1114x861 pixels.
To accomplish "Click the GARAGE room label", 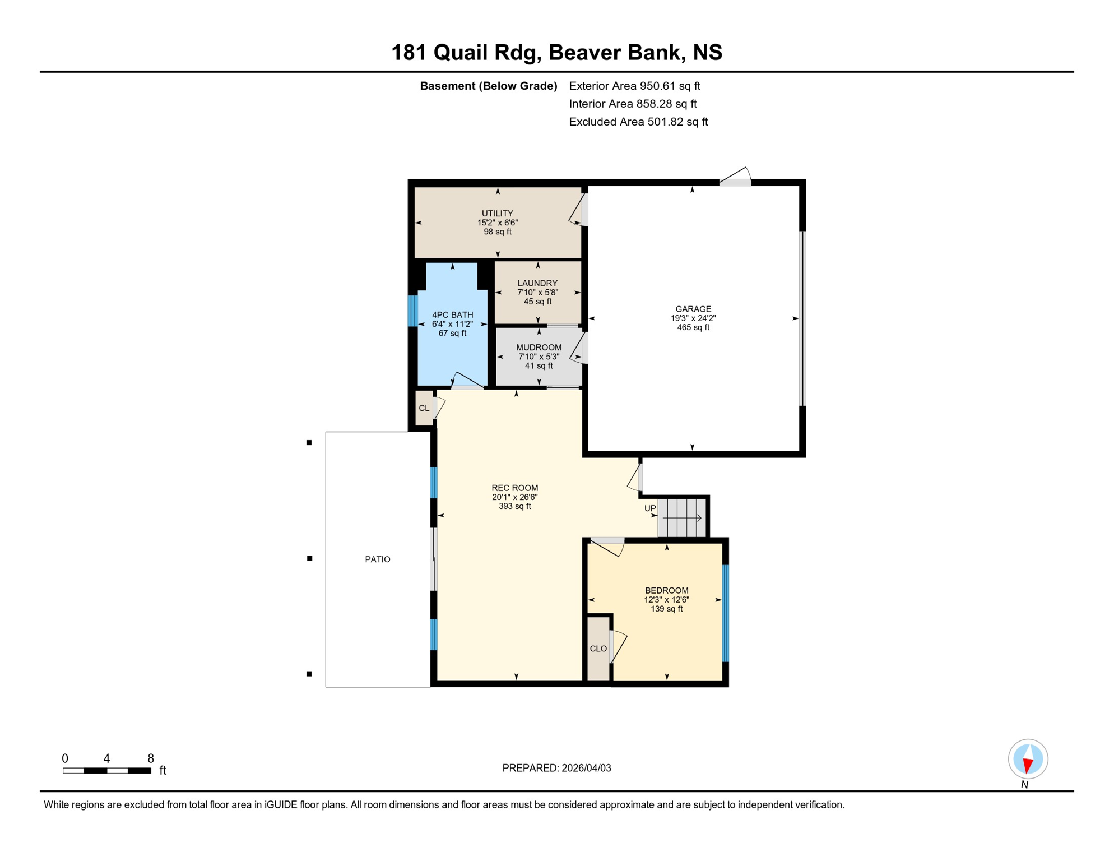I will (693, 309).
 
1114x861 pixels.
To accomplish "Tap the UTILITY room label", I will (498, 214).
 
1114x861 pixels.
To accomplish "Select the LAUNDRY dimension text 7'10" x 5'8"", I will (537, 293).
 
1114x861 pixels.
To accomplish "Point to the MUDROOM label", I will (539, 348).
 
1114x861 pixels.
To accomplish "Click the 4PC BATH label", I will (452, 315).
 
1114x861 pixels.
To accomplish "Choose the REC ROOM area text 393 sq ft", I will (514, 506).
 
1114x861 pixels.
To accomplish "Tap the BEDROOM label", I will (666, 590).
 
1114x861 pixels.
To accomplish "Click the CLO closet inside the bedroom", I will (598, 649).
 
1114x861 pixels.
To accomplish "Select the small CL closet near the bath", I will (424, 408).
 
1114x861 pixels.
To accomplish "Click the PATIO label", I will (378, 559).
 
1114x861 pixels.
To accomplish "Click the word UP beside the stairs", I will (650, 508).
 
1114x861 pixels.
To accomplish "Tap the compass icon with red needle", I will (1028, 760).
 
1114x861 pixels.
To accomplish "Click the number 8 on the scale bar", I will (151, 758).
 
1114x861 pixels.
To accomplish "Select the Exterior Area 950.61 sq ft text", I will (634, 86).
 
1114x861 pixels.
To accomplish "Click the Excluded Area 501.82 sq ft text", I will (638, 122).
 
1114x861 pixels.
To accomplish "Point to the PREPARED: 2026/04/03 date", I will (556, 768).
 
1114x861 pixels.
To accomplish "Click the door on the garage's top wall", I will (735, 178).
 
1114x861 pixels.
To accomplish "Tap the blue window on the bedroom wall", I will (726, 613).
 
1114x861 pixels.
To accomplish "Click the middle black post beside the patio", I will (309, 558).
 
